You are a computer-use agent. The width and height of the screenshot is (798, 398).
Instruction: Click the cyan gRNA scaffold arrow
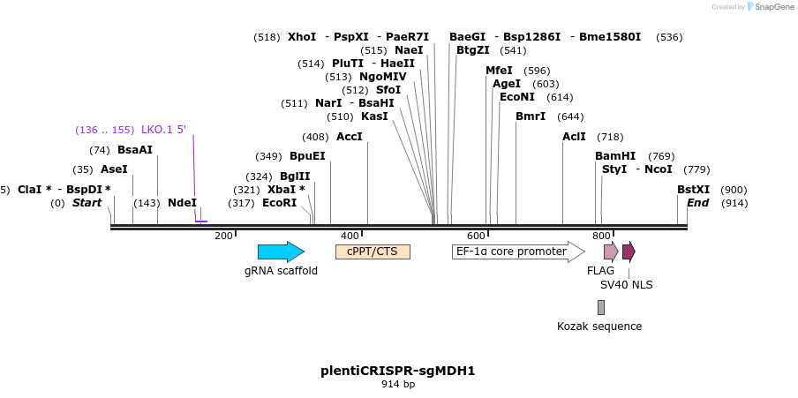click(281, 252)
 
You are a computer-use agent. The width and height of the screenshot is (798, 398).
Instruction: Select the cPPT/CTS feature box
click(373, 252)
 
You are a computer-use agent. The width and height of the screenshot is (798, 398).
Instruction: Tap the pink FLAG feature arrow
click(611, 252)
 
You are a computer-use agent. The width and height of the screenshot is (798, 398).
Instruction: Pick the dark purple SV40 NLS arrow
click(629, 252)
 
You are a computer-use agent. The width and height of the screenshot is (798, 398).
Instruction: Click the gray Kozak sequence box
click(601, 307)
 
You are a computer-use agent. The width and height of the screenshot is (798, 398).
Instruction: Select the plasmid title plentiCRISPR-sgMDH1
click(398, 371)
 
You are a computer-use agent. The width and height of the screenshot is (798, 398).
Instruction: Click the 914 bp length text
click(398, 385)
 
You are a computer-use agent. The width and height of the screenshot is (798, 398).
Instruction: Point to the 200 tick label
click(223, 236)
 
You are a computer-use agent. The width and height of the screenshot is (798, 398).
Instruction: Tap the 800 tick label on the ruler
click(601, 236)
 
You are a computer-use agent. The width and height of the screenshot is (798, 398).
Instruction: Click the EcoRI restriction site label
click(280, 203)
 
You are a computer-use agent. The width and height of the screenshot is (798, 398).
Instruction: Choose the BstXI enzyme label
click(693, 190)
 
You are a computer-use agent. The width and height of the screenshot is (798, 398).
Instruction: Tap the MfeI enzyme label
click(499, 71)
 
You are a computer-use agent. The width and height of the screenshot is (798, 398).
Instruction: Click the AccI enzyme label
click(350, 137)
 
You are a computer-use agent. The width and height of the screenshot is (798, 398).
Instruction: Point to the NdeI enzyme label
click(182, 203)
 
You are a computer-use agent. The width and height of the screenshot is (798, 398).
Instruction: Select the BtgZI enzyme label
click(473, 50)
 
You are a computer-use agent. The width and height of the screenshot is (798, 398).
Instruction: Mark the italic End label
click(698, 203)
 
